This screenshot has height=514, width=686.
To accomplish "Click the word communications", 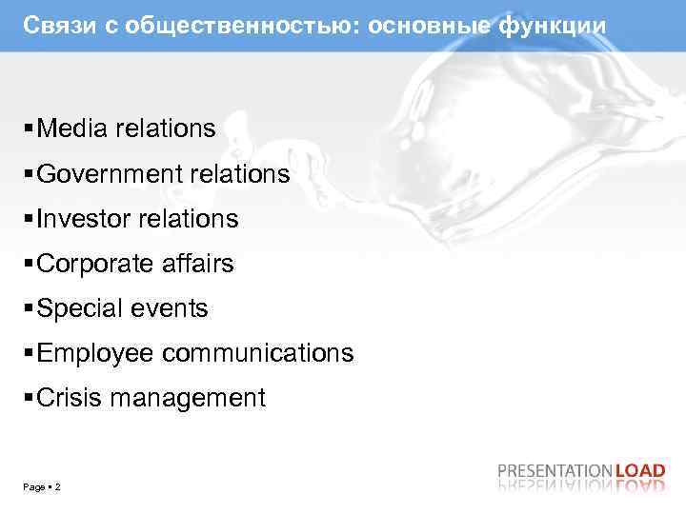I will coord(258,353).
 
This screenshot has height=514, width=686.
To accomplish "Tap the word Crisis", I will coord(70,398).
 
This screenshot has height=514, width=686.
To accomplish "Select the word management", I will coord(188,398).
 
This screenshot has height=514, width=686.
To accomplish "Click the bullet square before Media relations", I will coord(30,128).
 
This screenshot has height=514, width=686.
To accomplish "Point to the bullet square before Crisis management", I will coord(30,398).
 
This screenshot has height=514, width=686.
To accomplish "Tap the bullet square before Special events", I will coord(30,308).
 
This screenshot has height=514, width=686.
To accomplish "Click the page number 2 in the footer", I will coord(58,487).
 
